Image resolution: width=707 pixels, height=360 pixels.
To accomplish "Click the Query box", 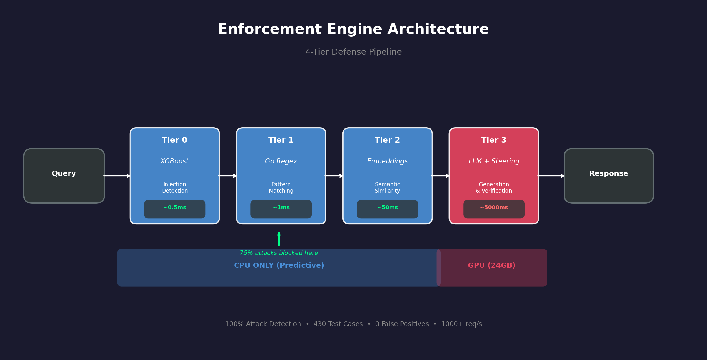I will point(64,176).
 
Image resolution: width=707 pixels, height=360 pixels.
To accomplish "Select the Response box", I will point(608,176).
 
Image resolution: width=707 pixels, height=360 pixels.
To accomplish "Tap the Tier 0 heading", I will point(175,140).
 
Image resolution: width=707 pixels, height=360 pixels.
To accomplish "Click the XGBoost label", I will point(175,161).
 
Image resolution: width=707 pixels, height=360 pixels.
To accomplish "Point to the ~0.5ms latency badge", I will point(175,209).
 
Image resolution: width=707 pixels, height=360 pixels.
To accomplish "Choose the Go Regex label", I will point(281,161).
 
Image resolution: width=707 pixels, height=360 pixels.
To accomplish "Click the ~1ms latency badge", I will point(281,209).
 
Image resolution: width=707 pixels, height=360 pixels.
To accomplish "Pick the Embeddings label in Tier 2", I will point(387,161).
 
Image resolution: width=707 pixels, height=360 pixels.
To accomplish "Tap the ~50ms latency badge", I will point(387,209).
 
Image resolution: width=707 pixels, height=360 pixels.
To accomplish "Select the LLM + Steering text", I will point(494,161).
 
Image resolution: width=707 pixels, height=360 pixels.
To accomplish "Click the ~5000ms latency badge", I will point(494,209).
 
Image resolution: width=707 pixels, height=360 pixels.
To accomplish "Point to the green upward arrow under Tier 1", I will point(279,239).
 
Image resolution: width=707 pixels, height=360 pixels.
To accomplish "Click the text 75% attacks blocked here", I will point(279,253).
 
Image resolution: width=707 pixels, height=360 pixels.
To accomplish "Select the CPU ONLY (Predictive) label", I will point(279,265).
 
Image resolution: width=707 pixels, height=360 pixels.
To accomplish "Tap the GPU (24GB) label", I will point(492,265).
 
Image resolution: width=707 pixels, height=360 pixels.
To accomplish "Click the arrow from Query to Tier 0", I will point(117,176).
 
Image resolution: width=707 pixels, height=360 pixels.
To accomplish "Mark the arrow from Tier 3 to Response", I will point(551,176).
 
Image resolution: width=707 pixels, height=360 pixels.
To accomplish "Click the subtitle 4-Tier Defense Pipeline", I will point(353,52).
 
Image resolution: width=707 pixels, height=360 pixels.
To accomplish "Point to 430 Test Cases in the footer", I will point(338,324).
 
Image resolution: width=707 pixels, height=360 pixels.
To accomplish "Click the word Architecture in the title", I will point(438,29).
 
